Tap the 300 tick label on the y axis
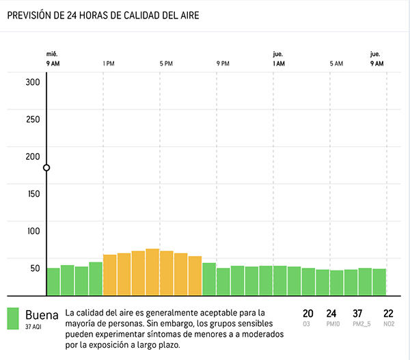pyautogui.click(x=33, y=82)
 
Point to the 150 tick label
pyautogui.click(x=33, y=193)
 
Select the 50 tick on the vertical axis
pyautogui.click(x=35, y=268)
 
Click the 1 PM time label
pyautogui.click(x=109, y=64)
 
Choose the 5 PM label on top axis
pyautogui.click(x=166, y=64)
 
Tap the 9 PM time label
pyautogui.click(x=223, y=64)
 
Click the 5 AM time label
pyautogui.click(x=336, y=64)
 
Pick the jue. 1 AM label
pyautogui.click(x=278, y=59)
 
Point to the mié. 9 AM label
pyautogui.click(x=52, y=59)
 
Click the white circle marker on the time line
pyautogui.click(x=46, y=168)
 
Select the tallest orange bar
pyautogui.click(x=152, y=272)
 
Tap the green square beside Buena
pyautogui.click(x=13, y=318)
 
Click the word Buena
pyautogui.click(x=41, y=315)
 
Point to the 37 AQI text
pyautogui.click(x=36, y=327)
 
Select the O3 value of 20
pyautogui.click(x=308, y=314)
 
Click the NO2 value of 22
pyautogui.click(x=389, y=314)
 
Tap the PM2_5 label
pyautogui.click(x=361, y=324)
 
